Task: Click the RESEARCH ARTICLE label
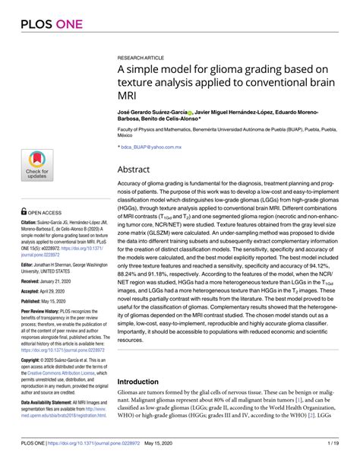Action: click(x=143, y=57)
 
